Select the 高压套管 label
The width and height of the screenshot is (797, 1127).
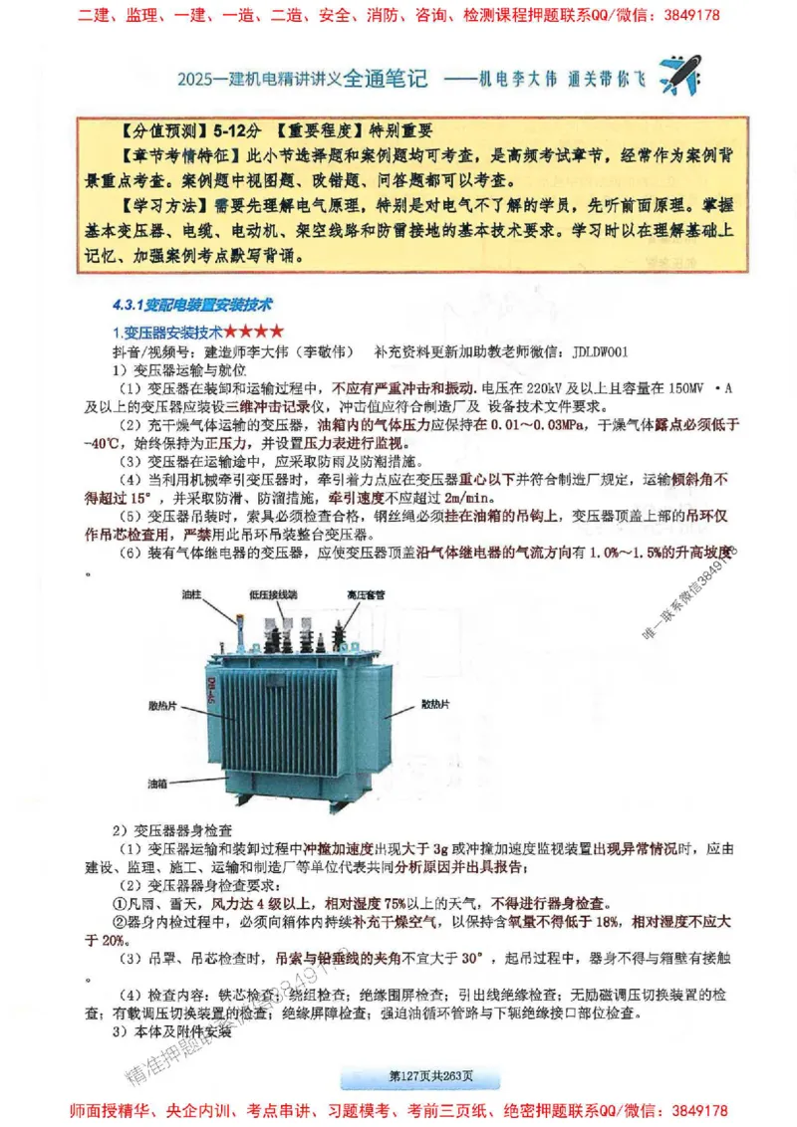pos(366,594)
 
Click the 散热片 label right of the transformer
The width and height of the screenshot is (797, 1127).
pos(435,704)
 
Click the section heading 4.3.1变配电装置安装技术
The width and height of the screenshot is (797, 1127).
pos(194,304)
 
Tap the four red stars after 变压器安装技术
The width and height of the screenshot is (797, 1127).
pos(253,331)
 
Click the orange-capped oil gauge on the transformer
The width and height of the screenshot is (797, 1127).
pos(239,617)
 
